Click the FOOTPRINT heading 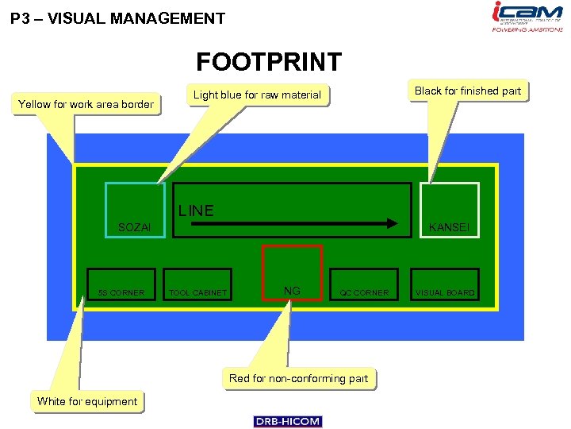269,62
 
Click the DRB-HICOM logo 288,421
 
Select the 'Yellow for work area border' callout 86,104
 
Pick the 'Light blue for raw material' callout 257,95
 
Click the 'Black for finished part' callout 467,91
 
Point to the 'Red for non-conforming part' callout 298,378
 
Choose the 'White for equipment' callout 87,401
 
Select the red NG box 292,272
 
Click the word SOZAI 134,228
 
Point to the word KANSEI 449,228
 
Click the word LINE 196,211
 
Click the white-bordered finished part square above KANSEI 450,202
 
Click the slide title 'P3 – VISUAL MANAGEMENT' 118,18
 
